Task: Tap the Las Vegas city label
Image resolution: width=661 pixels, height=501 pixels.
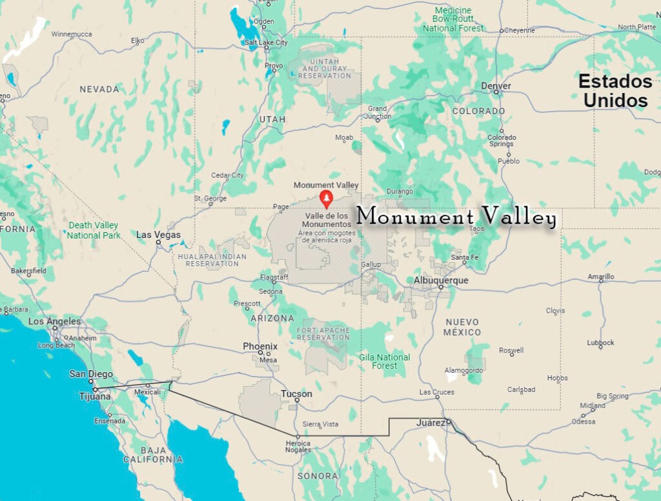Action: (x=158, y=235)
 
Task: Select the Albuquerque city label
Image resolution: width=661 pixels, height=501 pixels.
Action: (x=441, y=280)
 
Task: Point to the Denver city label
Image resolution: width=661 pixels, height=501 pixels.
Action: (x=496, y=86)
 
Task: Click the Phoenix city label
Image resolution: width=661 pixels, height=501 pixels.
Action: (x=260, y=346)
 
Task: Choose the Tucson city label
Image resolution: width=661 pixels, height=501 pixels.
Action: (x=296, y=394)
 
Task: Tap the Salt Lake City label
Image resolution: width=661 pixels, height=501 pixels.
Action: (x=266, y=43)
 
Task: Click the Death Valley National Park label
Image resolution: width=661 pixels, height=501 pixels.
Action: (x=94, y=230)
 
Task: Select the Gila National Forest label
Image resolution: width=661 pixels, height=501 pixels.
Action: (x=384, y=361)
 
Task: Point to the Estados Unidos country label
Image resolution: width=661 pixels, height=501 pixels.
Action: (x=615, y=91)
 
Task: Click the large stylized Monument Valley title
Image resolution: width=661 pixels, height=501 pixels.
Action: (x=456, y=217)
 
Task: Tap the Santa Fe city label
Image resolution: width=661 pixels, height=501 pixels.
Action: (x=465, y=257)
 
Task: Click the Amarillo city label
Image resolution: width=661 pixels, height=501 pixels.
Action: (x=601, y=277)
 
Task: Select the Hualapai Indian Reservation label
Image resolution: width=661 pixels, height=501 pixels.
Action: (x=212, y=260)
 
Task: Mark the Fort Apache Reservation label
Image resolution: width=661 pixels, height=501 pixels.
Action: (x=323, y=334)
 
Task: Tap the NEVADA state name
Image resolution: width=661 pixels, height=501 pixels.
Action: (x=99, y=89)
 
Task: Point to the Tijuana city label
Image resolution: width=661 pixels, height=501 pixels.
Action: (x=95, y=397)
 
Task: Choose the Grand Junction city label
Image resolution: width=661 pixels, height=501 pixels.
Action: (x=378, y=112)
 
